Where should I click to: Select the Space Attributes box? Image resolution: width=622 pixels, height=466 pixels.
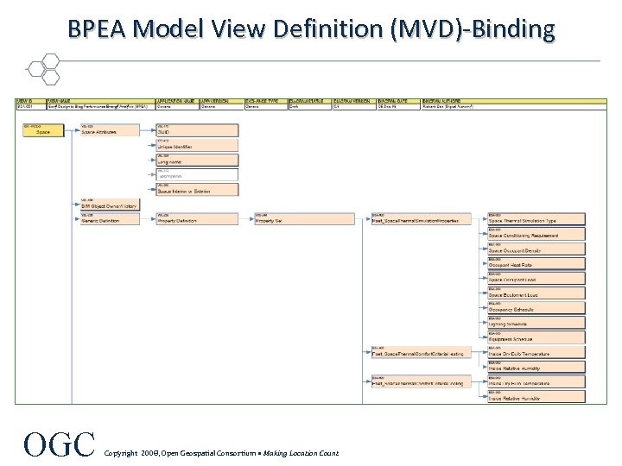click(109, 132)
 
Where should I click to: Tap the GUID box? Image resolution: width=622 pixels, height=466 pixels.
click(197, 132)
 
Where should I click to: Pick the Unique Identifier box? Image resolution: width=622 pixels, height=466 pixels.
click(197, 147)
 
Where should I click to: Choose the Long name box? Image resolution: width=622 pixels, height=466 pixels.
click(197, 161)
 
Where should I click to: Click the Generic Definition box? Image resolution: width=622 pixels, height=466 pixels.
click(109, 220)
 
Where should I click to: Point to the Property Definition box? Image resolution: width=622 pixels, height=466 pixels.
click(197, 220)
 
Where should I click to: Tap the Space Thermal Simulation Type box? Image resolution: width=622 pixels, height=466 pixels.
click(536, 220)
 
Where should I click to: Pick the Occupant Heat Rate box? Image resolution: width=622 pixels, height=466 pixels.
click(536, 265)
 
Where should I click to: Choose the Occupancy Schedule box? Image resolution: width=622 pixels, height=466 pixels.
click(536, 309)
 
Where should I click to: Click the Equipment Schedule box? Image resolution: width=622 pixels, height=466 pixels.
click(536, 339)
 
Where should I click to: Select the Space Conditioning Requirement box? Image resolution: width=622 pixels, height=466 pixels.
click(536, 235)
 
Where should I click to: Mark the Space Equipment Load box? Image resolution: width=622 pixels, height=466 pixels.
click(536, 294)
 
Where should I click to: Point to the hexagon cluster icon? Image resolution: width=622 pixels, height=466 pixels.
click(41, 66)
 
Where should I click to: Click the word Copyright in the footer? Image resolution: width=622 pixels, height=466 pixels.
click(120, 452)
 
